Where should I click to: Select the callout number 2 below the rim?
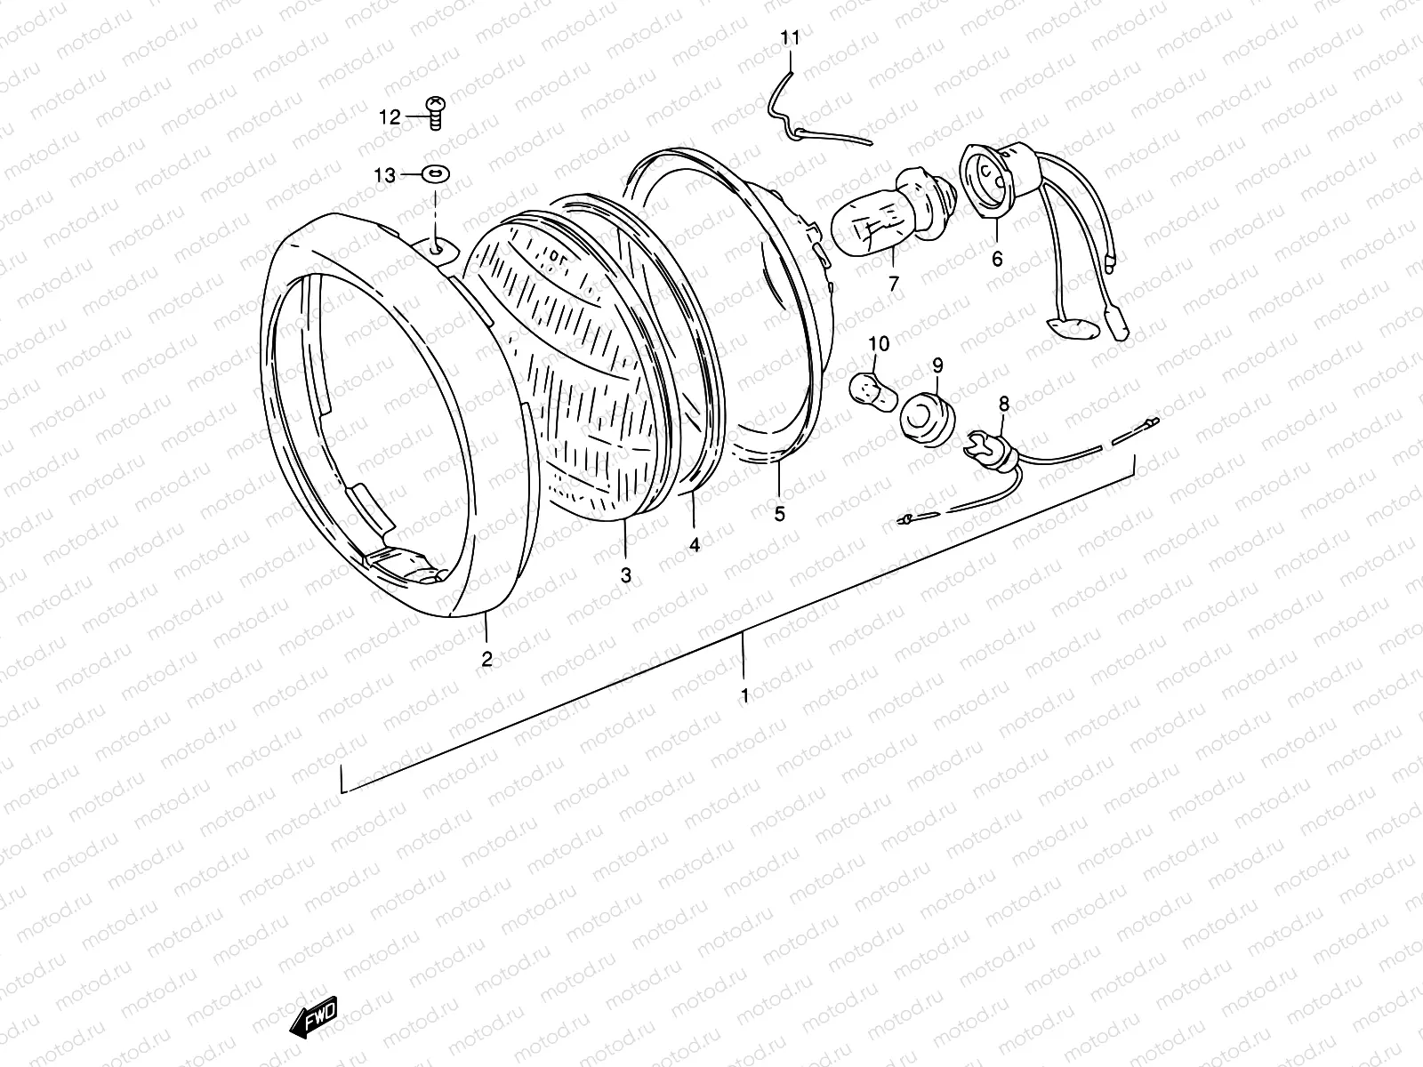click(x=486, y=659)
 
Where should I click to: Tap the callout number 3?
click(x=626, y=575)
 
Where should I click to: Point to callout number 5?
click(x=780, y=514)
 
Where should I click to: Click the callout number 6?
click(x=997, y=259)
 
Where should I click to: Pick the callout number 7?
click(x=894, y=284)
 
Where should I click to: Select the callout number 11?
click(x=791, y=38)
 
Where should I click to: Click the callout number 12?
click(x=390, y=116)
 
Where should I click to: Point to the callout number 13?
click(x=384, y=176)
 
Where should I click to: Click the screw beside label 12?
click(x=436, y=113)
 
